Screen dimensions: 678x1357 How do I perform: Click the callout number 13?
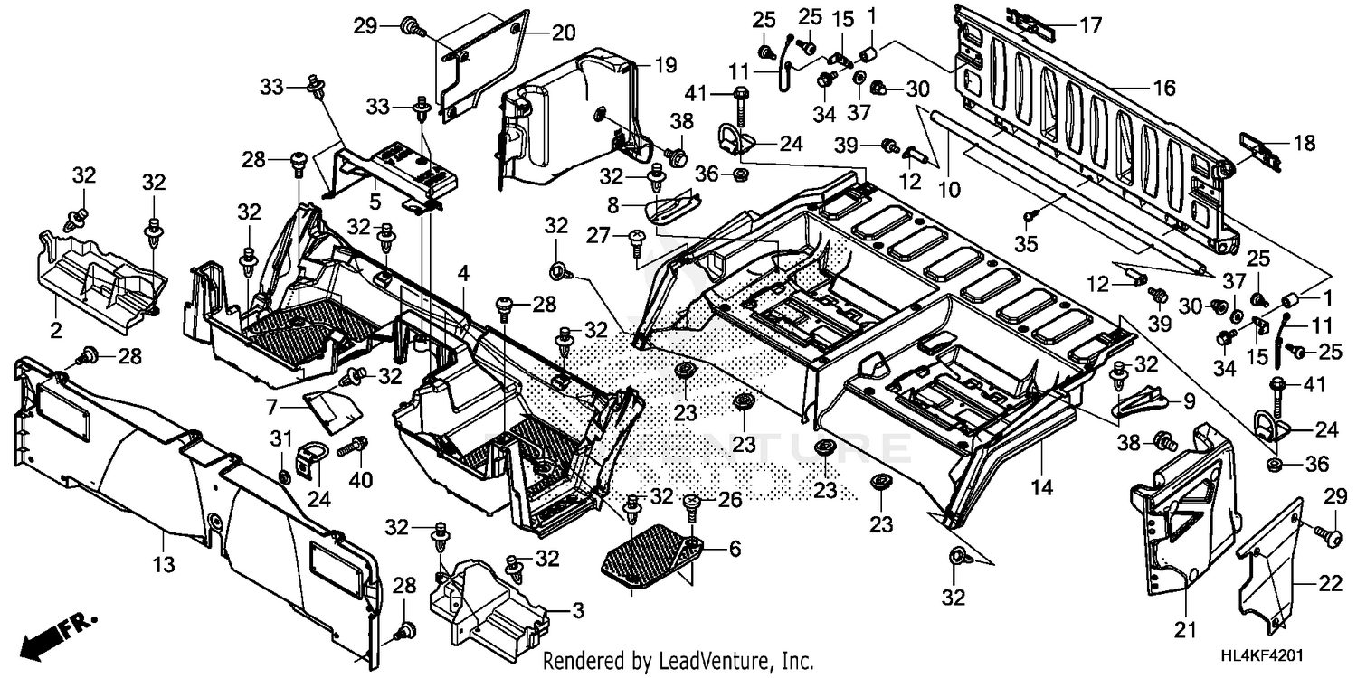click(x=163, y=541)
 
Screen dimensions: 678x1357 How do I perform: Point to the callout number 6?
click(x=734, y=548)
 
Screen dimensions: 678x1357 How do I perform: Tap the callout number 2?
click(x=56, y=330)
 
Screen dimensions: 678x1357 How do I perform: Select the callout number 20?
click(x=563, y=33)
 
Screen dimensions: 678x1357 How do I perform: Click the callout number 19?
click(x=665, y=65)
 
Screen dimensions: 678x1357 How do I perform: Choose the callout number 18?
click(x=1304, y=143)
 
